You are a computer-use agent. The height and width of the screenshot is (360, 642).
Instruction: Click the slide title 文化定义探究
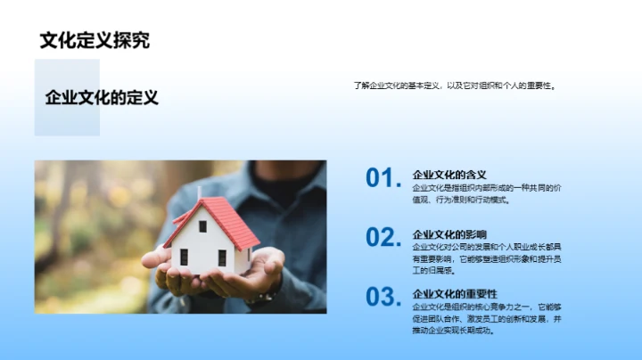(95, 40)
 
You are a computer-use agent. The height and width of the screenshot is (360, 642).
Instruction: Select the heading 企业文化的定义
(102, 98)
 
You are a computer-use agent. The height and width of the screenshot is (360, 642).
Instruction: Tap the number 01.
(384, 178)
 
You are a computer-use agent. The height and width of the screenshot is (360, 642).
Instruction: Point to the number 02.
(384, 237)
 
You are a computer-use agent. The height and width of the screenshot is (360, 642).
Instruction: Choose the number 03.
(384, 296)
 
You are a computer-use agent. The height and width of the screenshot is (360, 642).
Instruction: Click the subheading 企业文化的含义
(449, 175)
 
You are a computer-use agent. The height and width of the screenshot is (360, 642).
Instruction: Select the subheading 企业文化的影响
(449, 234)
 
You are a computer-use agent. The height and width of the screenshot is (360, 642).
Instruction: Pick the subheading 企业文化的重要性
(455, 293)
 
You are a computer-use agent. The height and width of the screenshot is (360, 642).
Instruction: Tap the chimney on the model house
(199, 193)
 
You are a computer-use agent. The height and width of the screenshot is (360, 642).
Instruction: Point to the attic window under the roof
(202, 226)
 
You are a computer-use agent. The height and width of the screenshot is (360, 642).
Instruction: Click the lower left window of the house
(185, 257)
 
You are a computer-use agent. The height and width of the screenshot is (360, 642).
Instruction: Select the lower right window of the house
(222, 258)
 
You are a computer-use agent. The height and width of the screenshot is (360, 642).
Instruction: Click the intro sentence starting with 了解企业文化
(454, 86)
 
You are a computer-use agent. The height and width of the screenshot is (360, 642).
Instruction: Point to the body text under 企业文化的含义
(485, 193)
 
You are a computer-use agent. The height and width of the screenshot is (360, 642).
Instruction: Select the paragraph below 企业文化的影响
(486, 258)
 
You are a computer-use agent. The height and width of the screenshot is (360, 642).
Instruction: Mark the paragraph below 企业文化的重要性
(487, 318)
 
